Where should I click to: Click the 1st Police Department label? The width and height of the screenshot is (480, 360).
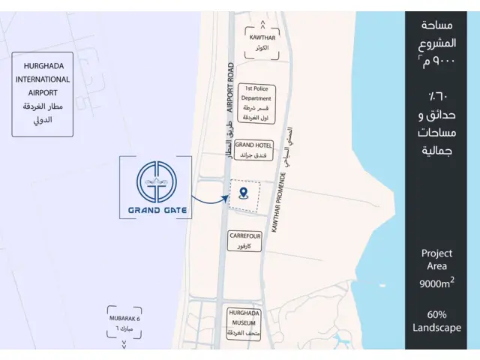click(x=255, y=103)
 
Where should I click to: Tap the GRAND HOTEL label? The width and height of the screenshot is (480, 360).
click(x=253, y=150)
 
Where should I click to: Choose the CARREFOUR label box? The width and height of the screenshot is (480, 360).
click(x=245, y=240)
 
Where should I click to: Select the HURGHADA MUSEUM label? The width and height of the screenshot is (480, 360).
click(x=244, y=323)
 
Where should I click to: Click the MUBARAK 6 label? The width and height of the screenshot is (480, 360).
click(x=124, y=319)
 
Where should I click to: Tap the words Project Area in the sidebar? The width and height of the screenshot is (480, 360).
click(x=436, y=259)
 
